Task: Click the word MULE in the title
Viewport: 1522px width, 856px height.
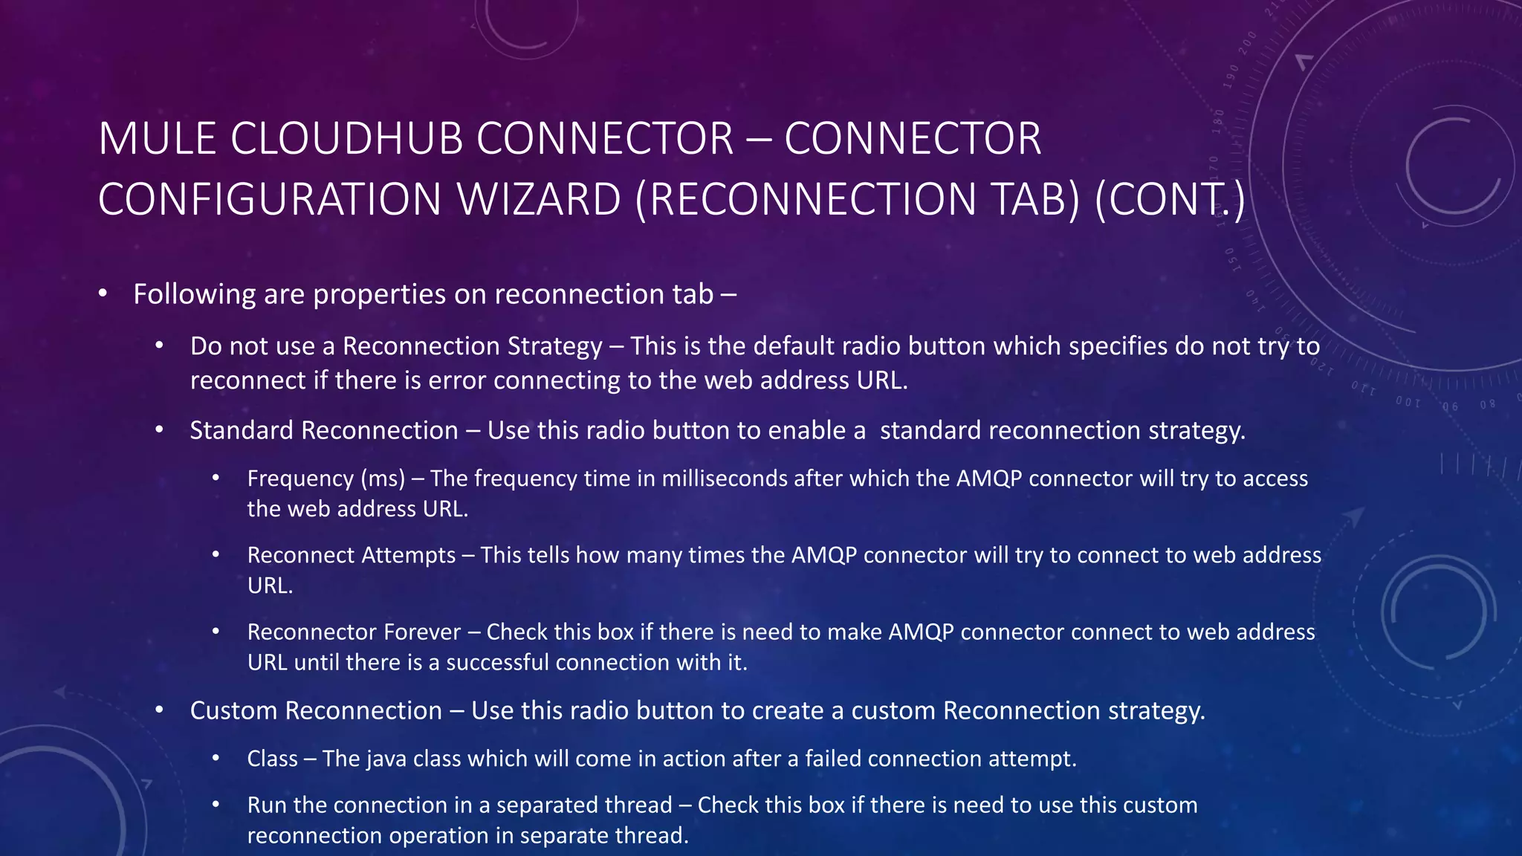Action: tap(157, 139)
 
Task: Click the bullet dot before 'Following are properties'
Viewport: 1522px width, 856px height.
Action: tap(103, 294)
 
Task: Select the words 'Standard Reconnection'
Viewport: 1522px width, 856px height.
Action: tap(324, 430)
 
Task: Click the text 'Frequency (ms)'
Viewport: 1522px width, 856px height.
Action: tap(326, 479)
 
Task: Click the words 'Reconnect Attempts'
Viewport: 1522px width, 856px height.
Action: tap(352, 555)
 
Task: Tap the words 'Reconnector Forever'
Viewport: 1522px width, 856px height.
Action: tap(354, 632)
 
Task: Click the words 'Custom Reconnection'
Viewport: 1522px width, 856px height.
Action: tap(316, 710)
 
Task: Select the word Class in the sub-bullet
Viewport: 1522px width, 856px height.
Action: tap(272, 759)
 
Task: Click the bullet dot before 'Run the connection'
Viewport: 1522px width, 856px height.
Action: tap(216, 805)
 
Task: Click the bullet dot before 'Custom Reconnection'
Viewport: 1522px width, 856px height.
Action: tap(159, 710)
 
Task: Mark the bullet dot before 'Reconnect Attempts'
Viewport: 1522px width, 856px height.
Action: tap(216, 555)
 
